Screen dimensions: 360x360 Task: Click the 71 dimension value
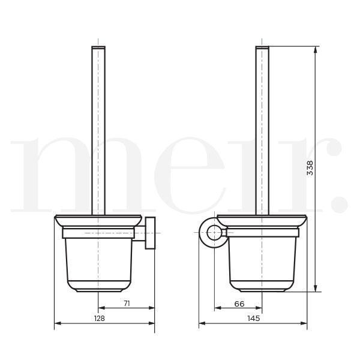coord(127,304)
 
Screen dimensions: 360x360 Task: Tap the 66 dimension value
coord(239,304)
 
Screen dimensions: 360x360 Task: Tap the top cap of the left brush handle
coord(98,47)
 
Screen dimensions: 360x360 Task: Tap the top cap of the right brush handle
coord(262,47)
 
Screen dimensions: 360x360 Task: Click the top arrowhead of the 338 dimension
coord(316,48)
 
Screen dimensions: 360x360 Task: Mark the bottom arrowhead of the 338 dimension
coord(316,289)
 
